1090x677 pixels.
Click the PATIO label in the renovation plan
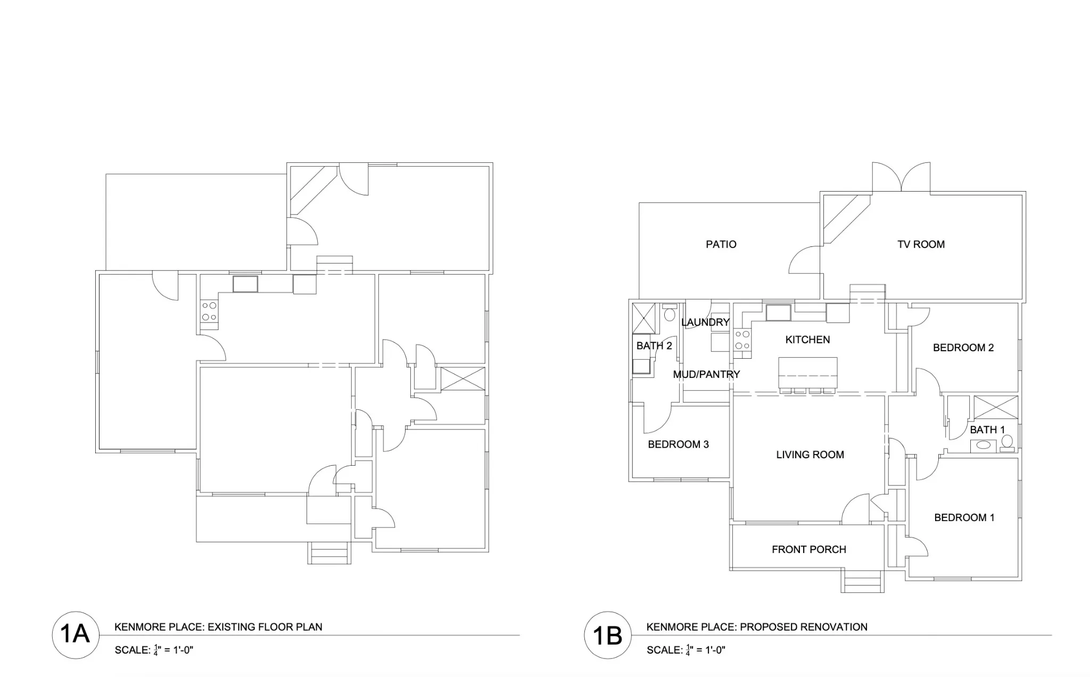(721, 244)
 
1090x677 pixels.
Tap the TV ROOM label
(921, 244)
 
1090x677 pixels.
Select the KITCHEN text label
(807, 340)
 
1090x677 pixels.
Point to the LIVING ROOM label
(810, 455)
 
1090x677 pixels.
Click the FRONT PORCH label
(809, 549)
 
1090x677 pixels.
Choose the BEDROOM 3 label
(678, 444)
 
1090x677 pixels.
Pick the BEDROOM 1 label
(964, 517)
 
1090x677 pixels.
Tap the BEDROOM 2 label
(963, 348)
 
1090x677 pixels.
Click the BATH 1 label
(987, 430)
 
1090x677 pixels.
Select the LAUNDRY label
(705, 322)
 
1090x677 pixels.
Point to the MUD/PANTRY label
(706, 374)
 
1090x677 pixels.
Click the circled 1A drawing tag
(76, 634)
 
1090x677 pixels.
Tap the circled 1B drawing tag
(608, 634)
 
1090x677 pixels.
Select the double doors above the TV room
(902, 177)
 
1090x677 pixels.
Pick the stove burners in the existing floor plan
(209, 311)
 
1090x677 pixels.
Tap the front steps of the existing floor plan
(329, 553)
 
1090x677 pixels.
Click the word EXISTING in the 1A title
(231, 627)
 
